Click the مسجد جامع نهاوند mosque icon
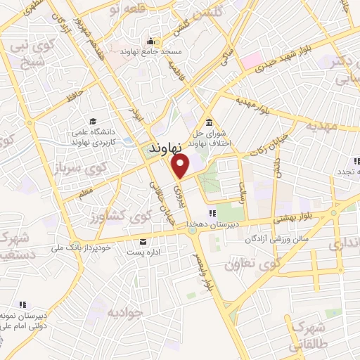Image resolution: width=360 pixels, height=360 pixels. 150,40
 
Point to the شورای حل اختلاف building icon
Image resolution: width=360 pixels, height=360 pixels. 209,122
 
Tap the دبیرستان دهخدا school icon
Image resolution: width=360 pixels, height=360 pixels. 210,214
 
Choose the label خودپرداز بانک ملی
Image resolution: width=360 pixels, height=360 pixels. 84,247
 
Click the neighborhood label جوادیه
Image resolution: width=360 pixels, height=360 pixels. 126,310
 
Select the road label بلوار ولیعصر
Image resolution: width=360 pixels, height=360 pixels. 208,274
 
